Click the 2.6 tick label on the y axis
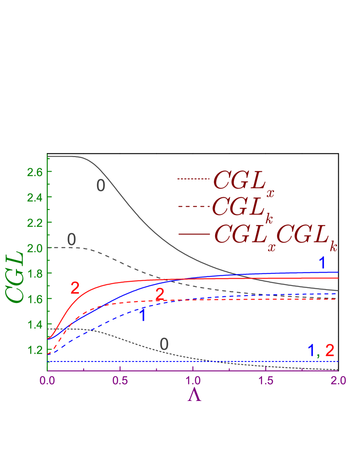pyautogui.click(x=34, y=172)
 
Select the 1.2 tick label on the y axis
pyautogui.click(x=34, y=349)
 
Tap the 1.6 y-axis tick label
pyautogui.click(x=34, y=299)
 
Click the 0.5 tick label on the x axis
pyautogui.click(x=120, y=380)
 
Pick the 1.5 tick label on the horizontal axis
pyautogui.click(x=266, y=380)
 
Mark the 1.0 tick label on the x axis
pyautogui.click(x=193, y=380)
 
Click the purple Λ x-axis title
pyautogui.click(x=194, y=394)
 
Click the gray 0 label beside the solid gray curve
pyautogui.click(x=101, y=186)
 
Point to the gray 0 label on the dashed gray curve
pyautogui.click(x=72, y=239)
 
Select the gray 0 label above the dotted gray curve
pyautogui.click(x=164, y=344)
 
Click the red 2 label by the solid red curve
pyautogui.click(x=75, y=288)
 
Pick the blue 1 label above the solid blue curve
pyautogui.click(x=322, y=263)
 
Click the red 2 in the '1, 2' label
pyautogui.click(x=330, y=350)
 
